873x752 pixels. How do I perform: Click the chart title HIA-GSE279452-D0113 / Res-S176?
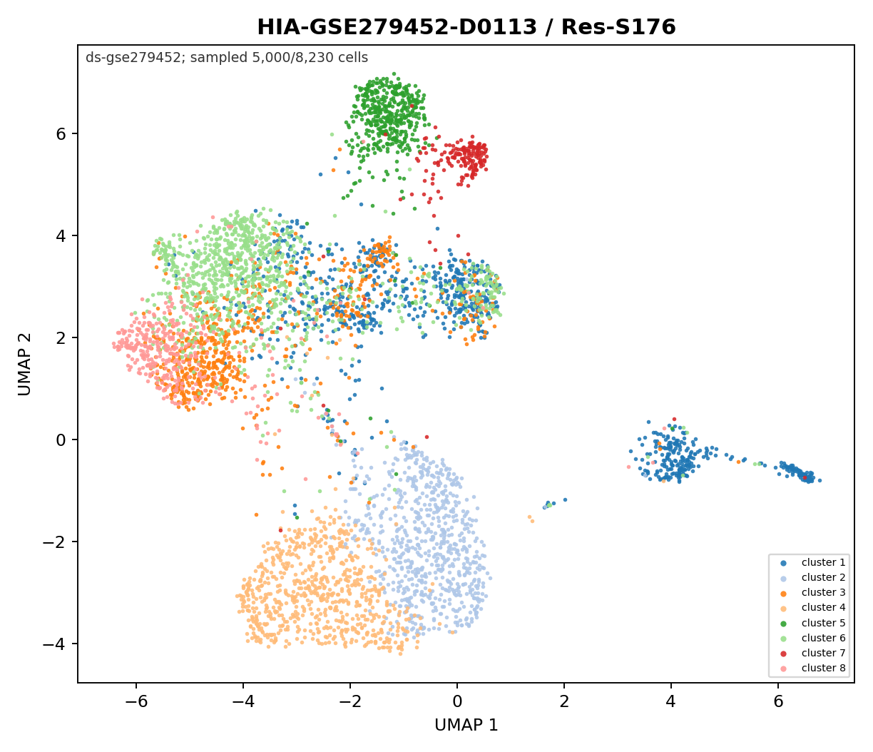tap(466, 27)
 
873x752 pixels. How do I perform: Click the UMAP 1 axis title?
tap(466, 725)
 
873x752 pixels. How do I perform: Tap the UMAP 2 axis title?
tap(24, 364)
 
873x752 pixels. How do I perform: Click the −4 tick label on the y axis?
tap(54, 644)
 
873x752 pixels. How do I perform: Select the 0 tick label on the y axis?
tap(61, 439)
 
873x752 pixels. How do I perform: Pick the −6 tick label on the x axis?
tap(136, 701)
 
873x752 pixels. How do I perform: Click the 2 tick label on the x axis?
tap(564, 701)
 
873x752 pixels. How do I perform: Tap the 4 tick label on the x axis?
tap(671, 701)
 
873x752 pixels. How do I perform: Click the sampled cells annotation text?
tap(227, 58)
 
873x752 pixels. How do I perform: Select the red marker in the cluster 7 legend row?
tap(783, 654)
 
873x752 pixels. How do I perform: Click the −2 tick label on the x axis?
tap(350, 701)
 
